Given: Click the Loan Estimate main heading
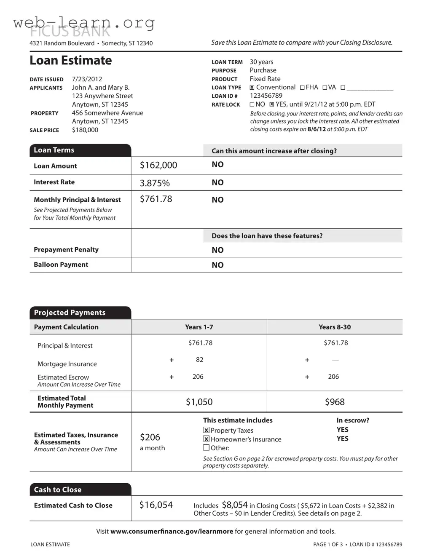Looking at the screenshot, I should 70,61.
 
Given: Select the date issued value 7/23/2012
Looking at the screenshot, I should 87,79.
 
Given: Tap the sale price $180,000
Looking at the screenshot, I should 85,130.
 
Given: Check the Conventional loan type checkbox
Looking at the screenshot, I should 252,88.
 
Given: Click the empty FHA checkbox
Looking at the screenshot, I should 302,88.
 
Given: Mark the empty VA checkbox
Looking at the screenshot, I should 325,88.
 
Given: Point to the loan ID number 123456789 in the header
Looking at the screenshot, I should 266,96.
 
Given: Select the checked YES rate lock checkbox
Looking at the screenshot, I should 272,104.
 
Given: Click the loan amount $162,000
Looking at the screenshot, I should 158,166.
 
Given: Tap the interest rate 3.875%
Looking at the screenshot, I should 155,183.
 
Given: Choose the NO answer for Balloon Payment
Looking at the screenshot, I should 217,265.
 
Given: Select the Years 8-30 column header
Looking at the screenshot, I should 334,327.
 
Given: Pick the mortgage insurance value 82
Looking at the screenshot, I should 199,360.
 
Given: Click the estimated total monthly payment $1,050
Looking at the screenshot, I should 199,402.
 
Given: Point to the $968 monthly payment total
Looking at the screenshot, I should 334,402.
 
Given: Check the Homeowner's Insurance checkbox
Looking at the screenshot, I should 207,439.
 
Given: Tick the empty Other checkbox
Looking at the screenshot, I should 207,448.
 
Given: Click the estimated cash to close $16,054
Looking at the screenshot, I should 156,505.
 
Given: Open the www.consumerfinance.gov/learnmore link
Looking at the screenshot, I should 172,532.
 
